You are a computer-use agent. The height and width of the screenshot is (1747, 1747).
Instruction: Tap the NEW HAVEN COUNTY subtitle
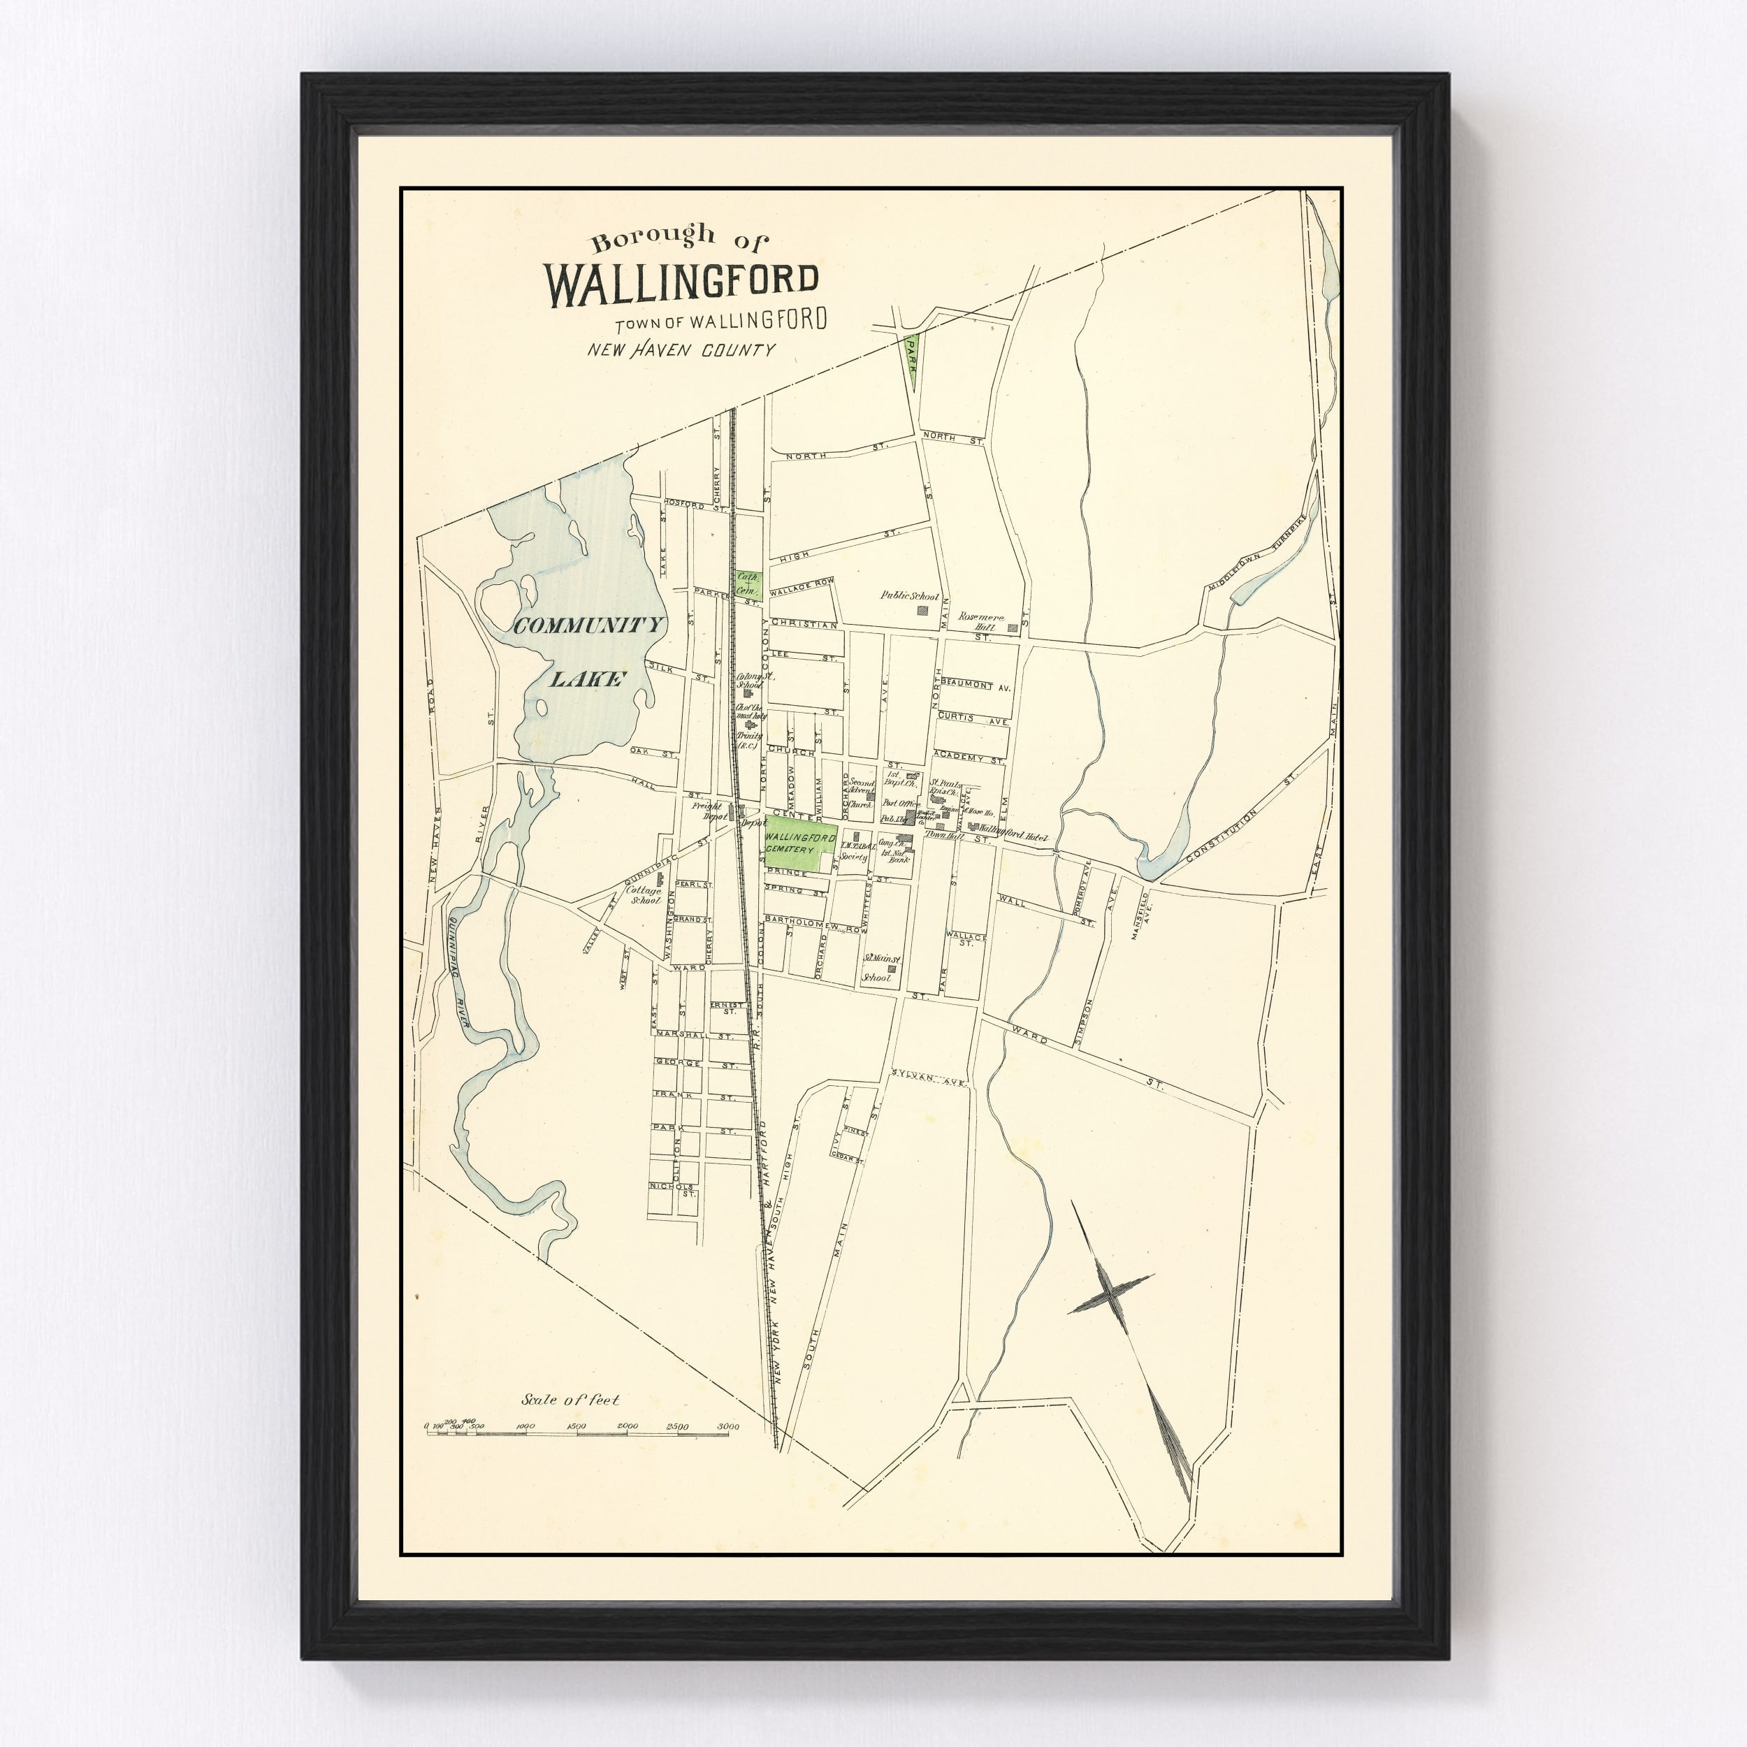coord(681,349)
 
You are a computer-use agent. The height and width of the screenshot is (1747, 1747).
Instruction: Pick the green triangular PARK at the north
coord(911,357)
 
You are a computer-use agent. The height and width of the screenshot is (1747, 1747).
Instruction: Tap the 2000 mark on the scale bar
coord(628,1426)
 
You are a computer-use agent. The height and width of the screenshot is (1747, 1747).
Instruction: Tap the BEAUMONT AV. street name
coord(976,686)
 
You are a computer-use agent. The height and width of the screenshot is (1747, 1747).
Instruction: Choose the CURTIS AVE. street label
coord(972,720)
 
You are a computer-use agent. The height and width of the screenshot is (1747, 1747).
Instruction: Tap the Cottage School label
coord(644,896)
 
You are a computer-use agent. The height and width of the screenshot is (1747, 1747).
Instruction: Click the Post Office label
coord(901,803)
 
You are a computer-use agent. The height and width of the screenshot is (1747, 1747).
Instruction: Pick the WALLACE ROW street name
coord(801,586)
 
